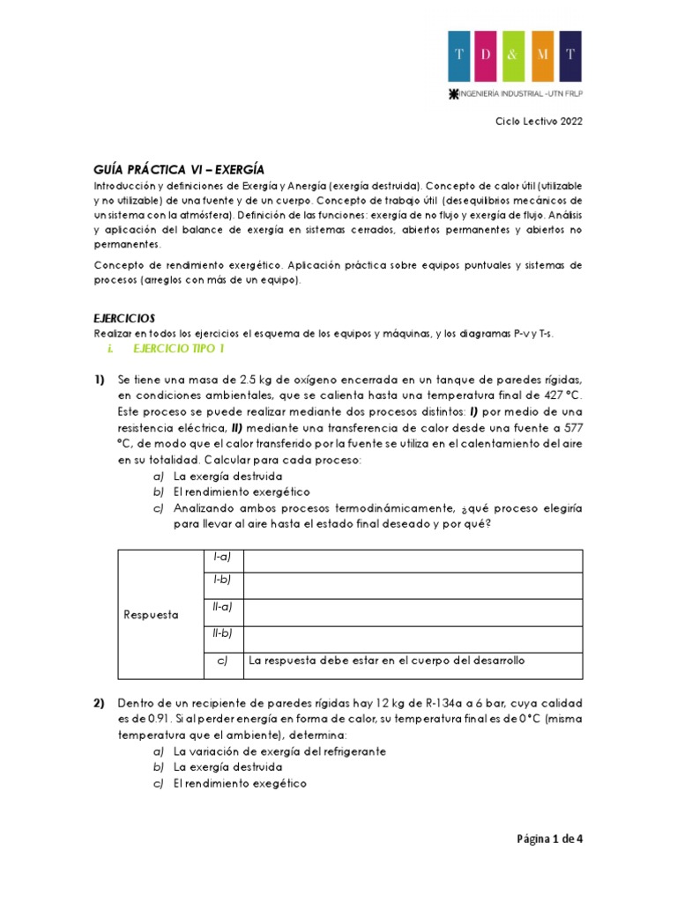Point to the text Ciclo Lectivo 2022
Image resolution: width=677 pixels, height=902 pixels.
(x=538, y=122)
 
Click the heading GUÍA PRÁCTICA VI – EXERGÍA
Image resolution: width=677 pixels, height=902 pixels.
(x=179, y=169)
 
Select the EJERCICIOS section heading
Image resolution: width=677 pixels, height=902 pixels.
(x=124, y=318)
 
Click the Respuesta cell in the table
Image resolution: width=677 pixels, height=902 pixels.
(x=151, y=615)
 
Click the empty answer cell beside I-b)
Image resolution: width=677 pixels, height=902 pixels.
(x=413, y=585)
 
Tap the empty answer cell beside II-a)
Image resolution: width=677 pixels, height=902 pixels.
(x=413, y=611)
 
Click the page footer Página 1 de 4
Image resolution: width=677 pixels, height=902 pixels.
(x=549, y=839)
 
